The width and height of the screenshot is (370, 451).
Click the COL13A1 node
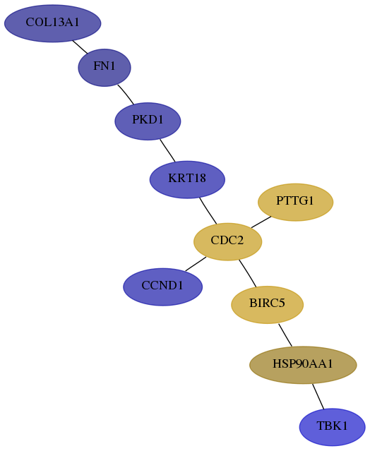[x=53, y=23]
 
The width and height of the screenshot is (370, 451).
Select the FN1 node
[x=105, y=68]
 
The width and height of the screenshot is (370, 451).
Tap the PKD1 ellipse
[x=148, y=121]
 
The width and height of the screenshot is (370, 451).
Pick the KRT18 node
[x=187, y=179]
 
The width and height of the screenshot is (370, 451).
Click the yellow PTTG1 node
[x=295, y=202]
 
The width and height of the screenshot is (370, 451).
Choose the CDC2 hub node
[x=227, y=241]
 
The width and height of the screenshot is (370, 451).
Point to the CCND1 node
[x=163, y=287]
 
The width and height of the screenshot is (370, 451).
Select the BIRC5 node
[x=268, y=305]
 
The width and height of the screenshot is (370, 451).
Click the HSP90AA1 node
[x=303, y=365]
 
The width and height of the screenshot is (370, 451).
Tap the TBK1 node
[x=333, y=427]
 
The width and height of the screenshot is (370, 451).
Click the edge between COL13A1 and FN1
[x=80, y=47]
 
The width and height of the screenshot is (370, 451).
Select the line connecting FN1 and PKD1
[x=126, y=95]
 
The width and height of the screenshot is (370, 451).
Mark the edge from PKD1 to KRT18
[x=167, y=150]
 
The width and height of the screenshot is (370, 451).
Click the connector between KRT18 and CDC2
[x=208, y=211]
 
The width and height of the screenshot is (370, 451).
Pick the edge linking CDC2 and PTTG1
[x=261, y=222]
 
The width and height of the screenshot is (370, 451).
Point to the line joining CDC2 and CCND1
[x=196, y=264]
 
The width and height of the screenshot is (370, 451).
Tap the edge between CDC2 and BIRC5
[x=247, y=273]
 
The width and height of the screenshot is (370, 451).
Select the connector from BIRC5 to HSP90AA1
[x=285, y=335]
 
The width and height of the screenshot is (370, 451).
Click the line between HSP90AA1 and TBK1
[x=318, y=397]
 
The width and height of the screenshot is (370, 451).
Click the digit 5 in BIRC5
[x=282, y=303]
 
